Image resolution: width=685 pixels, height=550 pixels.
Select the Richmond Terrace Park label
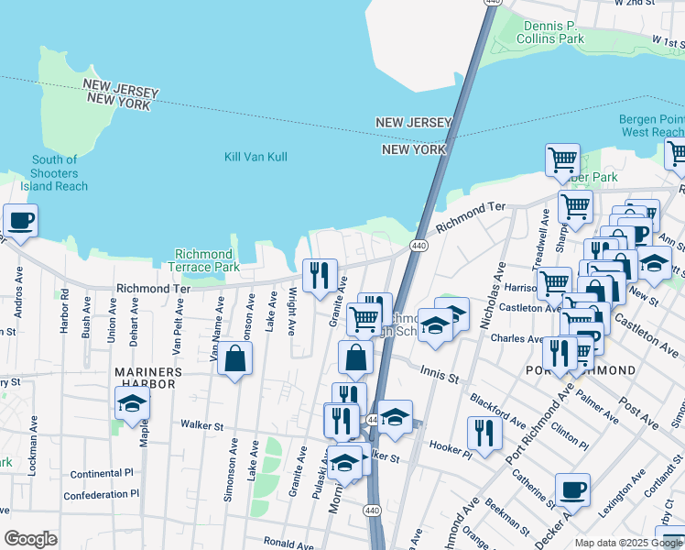[x=206, y=260]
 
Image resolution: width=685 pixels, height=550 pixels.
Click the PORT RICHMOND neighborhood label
[x=581, y=369]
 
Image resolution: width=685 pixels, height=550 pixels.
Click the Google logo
[x=30, y=539]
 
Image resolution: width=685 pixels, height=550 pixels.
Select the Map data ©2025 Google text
[x=627, y=543]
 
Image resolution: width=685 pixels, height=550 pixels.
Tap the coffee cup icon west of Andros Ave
[x=20, y=221]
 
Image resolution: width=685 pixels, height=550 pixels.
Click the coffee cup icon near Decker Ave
[x=572, y=490]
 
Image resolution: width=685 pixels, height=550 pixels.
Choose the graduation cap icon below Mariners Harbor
[x=133, y=403]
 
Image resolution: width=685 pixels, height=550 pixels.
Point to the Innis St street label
[x=440, y=372]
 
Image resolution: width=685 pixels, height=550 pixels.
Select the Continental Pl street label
[x=103, y=474]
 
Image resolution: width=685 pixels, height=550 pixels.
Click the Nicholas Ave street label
[x=498, y=285]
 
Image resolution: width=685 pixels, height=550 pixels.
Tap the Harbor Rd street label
[x=65, y=312]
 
